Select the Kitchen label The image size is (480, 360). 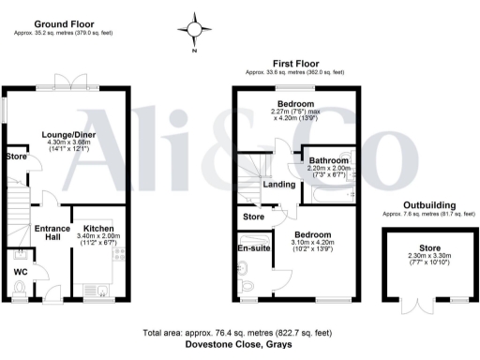(x=99, y=228)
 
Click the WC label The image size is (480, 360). (x=21, y=273)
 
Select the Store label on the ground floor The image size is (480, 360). (x=15, y=157)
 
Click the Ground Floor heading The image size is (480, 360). (x=62, y=22)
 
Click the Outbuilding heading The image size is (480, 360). (x=430, y=204)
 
